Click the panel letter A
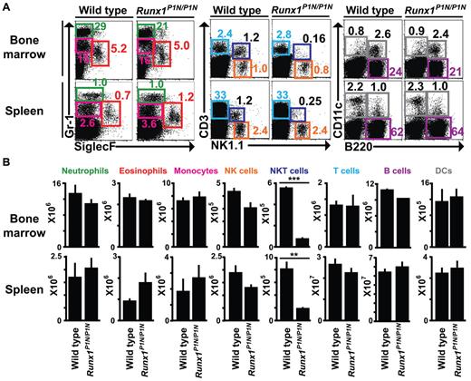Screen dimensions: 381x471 click(6, 7)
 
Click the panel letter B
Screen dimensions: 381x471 click(6, 164)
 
